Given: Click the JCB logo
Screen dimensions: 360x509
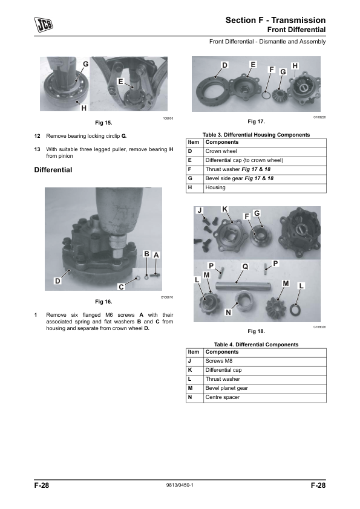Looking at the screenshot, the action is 44,24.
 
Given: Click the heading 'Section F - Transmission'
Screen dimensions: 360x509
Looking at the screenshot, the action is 275,20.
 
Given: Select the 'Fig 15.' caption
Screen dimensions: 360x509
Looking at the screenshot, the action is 103,123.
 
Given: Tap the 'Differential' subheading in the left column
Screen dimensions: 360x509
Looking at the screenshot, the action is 53,170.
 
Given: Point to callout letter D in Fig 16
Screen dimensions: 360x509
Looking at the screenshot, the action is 57,280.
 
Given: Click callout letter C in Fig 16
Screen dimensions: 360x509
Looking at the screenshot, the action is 121,287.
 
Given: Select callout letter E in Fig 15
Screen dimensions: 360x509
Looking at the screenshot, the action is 120,82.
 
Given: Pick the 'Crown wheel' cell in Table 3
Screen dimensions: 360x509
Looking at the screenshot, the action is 221,151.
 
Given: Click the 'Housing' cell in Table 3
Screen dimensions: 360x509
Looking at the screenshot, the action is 215,187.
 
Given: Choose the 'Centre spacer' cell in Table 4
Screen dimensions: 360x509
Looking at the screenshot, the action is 223,397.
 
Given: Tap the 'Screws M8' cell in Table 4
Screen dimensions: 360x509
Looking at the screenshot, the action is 219,361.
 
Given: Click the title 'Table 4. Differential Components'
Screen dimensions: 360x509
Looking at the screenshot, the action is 256,345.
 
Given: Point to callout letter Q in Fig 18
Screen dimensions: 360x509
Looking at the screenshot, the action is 245,267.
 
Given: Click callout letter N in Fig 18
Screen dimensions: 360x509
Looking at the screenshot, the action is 229,313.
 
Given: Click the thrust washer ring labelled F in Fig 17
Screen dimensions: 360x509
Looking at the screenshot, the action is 266,95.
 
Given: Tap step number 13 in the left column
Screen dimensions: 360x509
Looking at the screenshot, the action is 37,149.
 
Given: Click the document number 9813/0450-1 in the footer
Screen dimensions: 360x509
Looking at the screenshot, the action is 180,485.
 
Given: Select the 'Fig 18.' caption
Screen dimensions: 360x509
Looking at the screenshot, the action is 257,331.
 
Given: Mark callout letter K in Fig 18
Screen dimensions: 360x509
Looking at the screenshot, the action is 224,209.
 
